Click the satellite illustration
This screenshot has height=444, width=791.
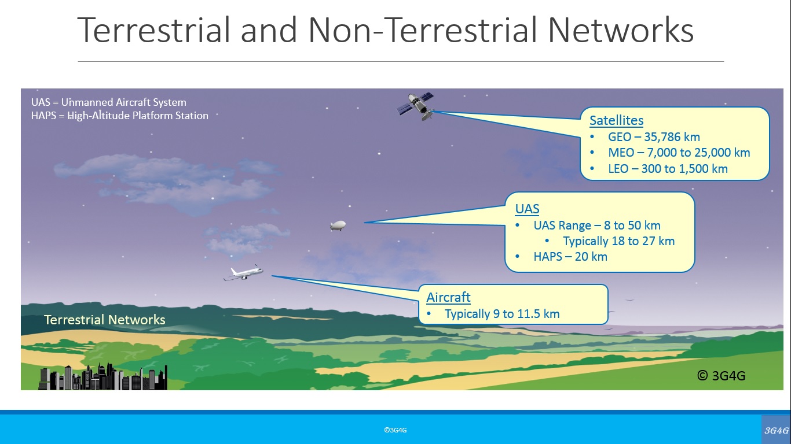(416, 106)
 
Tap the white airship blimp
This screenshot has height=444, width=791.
(338, 225)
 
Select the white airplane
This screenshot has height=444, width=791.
(244, 273)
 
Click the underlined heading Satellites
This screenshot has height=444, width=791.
(617, 120)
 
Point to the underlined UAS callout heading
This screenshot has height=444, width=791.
(527, 209)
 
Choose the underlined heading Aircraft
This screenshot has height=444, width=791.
(448, 297)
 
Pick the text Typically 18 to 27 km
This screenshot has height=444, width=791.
(618, 241)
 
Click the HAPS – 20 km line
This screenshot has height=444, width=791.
(570, 256)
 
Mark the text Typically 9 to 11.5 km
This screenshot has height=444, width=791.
(502, 313)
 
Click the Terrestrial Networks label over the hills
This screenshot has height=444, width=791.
(105, 320)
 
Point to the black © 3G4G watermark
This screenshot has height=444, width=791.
(722, 376)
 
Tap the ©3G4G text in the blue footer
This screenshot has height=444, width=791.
(395, 430)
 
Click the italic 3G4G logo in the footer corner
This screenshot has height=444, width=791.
(777, 430)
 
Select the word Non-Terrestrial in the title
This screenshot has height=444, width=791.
(422, 30)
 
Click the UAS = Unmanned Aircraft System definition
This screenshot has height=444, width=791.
(109, 102)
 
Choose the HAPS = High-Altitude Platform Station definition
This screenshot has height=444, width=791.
(120, 116)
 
